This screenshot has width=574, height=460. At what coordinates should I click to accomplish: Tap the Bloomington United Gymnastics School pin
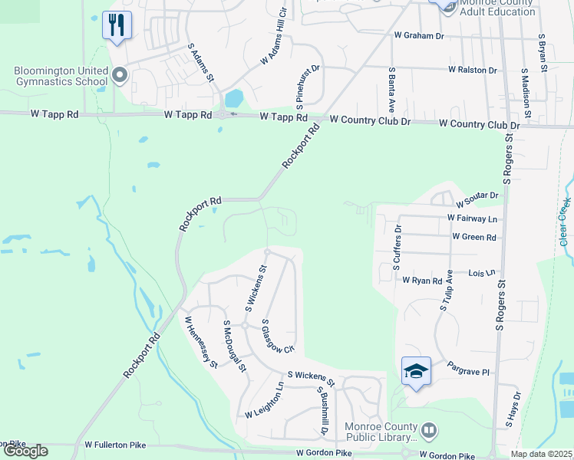click(119, 75)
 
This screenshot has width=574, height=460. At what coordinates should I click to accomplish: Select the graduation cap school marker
click(416, 372)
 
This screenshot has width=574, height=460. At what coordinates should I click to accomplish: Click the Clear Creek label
click(565, 222)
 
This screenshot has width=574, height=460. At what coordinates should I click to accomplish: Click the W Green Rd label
click(473, 237)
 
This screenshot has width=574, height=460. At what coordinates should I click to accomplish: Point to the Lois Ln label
click(481, 272)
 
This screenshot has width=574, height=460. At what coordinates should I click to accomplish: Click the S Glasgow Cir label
click(278, 337)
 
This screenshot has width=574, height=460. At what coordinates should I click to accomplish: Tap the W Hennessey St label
click(200, 342)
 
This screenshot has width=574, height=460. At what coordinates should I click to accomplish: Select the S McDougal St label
click(234, 347)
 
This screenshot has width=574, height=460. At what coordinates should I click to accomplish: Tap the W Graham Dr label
click(419, 35)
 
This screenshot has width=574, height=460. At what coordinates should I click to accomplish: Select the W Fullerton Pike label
click(115, 444)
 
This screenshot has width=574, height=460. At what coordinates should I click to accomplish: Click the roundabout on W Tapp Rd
click(222, 115)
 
